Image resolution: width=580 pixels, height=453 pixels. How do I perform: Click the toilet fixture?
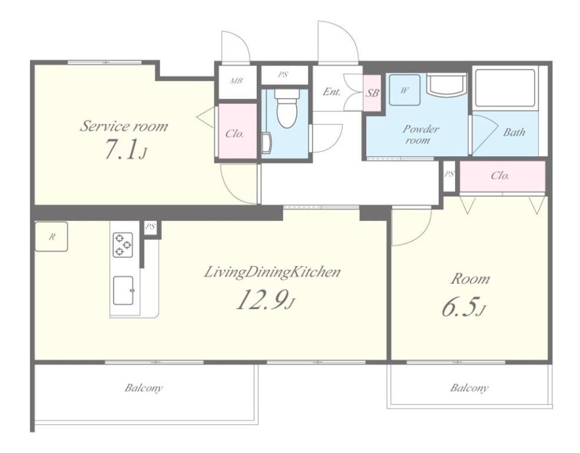click(286, 108)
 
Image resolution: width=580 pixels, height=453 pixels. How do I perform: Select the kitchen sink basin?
click(123, 290)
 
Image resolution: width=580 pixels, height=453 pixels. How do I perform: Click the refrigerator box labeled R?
click(51, 236)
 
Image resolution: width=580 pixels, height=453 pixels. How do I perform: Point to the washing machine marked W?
click(404, 90)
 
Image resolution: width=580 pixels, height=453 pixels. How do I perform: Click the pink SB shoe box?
click(372, 93)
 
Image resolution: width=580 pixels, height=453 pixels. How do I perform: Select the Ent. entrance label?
click(331, 91)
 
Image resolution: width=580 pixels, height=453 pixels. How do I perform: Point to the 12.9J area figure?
click(265, 299)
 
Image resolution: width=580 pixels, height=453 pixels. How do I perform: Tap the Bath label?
click(514, 132)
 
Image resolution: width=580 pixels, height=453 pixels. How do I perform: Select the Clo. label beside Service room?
click(234, 134)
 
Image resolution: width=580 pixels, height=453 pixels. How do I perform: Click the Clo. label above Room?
click(500, 175)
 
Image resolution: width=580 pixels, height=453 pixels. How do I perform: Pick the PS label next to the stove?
click(150, 226)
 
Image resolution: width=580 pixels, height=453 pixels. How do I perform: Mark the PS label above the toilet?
click(283, 74)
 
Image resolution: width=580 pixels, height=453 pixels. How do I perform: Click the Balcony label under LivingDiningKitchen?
click(144, 388)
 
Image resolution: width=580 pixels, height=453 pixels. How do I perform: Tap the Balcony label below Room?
click(469, 388)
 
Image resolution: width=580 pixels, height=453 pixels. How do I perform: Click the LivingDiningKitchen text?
click(272, 272)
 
